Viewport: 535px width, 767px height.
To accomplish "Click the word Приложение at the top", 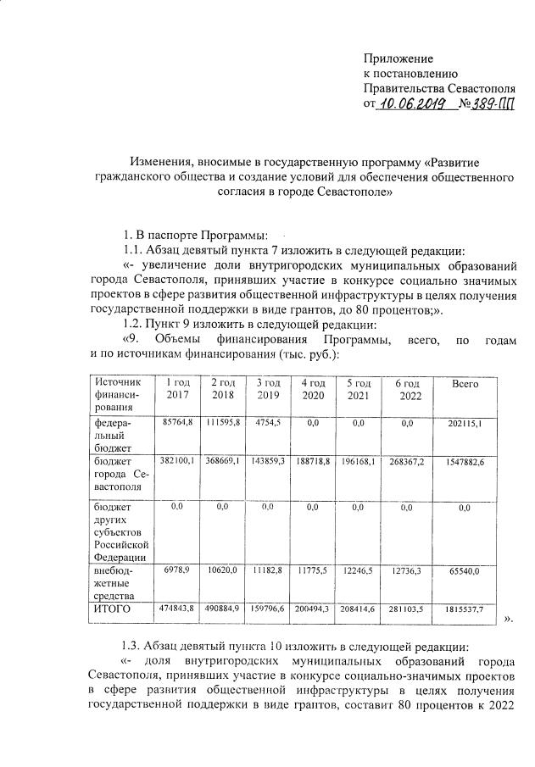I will click(x=398, y=58).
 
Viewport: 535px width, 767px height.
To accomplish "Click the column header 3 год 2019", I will click(x=267, y=390).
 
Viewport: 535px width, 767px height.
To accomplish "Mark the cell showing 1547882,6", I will click(x=465, y=461).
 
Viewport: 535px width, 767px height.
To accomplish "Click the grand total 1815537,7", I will click(x=465, y=609).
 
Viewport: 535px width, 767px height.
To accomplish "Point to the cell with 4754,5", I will click(x=267, y=422).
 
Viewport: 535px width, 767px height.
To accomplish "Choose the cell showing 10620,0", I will click(x=223, y=574).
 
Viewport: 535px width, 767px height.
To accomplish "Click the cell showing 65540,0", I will click(x=465, y=574).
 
